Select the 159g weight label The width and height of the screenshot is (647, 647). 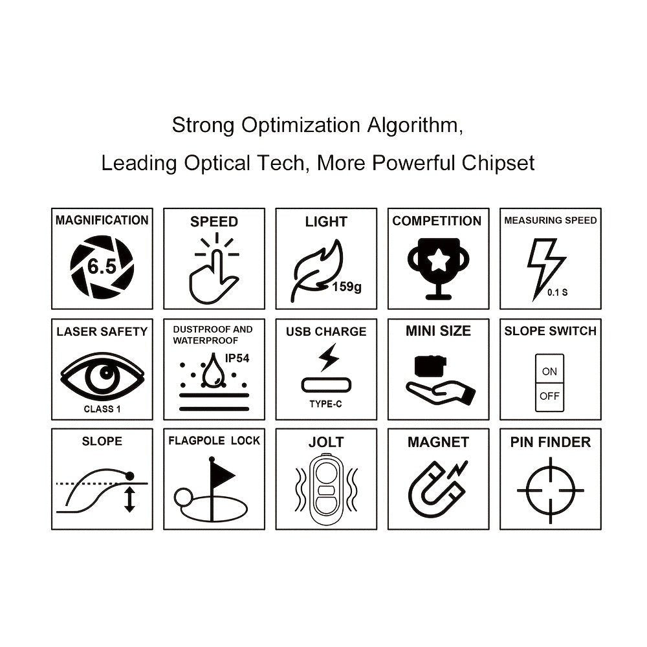pos(347,287)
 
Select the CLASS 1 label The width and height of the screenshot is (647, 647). pos(102,409)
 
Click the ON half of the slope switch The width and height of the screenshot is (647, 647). pos(549,371)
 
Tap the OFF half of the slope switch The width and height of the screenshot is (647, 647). pos(549,396)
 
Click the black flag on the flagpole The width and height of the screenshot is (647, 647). pos(223,474)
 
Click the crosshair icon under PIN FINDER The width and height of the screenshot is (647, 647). pos(551,489)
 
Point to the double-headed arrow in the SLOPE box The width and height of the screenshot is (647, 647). pos(129,499)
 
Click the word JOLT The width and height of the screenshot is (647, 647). pos(326,443)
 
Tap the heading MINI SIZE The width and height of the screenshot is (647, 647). pos(438,331)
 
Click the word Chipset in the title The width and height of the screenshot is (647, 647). pos(498,162)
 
